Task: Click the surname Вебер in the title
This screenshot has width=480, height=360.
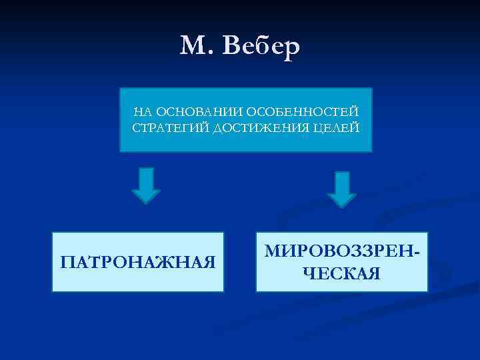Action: point(262,45)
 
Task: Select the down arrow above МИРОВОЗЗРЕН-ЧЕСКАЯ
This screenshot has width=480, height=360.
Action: point(342,189)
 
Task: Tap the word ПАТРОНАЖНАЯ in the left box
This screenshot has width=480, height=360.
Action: point(138,261)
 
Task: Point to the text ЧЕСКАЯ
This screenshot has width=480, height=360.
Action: point(342,273)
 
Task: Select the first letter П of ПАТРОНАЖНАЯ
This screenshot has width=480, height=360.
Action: point(67,261)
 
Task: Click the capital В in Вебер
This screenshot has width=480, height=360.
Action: point(233,45)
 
